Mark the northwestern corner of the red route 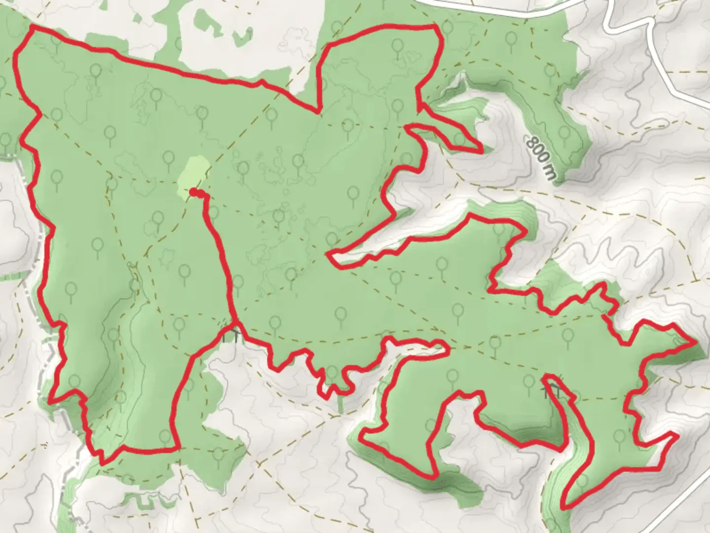pos(33,29)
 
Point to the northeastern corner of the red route pos(435,26)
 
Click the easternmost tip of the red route pos(695,341)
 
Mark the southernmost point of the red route pos(564,507)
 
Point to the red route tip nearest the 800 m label pos(481,150)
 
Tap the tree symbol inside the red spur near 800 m pos(459,138)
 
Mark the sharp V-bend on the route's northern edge pos(317,111)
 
